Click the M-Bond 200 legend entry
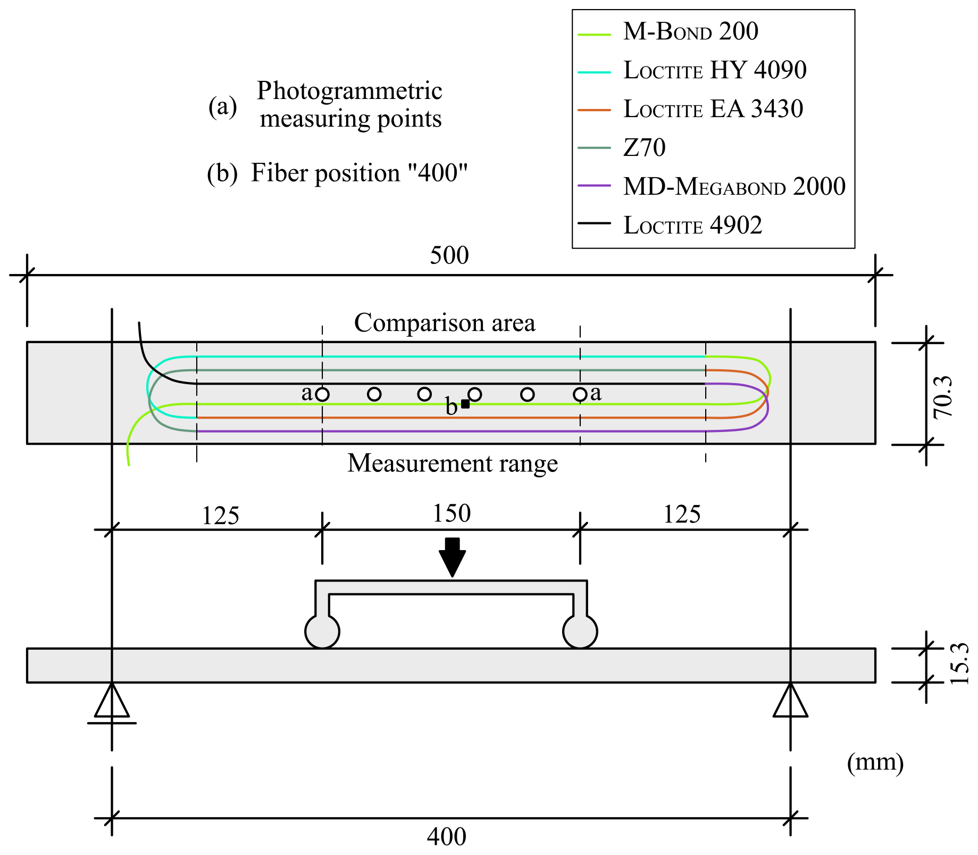pos(690,32)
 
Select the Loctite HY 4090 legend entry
pos(714,71)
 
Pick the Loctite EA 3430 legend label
pos(713,110)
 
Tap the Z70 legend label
pos(644,148)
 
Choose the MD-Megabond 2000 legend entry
pos(734,187)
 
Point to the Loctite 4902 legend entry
pos(692,226)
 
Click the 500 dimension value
pos(449,256)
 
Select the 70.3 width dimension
pos(942,397)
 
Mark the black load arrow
pos(452,557)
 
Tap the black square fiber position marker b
pos(465,404)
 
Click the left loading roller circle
pos(322,632)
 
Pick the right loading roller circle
pos(580,632)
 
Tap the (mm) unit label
pos(875,762)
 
